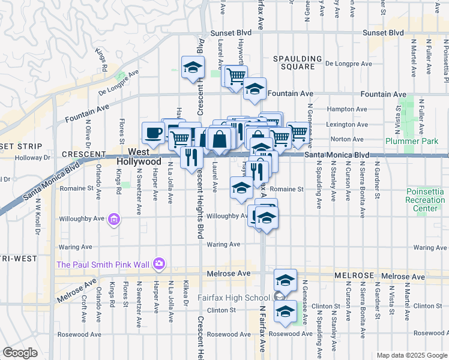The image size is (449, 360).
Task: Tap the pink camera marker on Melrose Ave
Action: coord(159,263)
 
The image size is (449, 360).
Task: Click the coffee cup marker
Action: coord(153,133)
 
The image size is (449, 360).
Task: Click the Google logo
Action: coord(19,352)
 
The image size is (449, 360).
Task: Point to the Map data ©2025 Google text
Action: coord(411,355)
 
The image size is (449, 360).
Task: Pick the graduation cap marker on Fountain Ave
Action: coord(255,90)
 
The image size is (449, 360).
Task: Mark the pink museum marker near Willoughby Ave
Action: coord(114,221)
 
